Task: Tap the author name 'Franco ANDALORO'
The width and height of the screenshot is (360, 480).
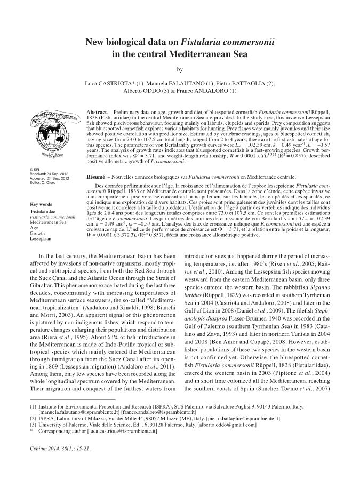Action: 200,93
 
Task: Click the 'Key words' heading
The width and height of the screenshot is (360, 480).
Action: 42,204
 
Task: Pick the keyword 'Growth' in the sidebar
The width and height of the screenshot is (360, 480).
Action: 38,234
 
